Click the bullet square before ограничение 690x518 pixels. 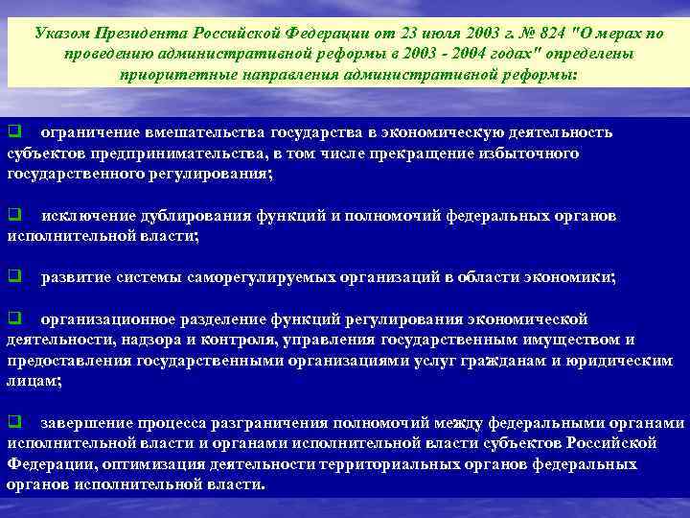14,132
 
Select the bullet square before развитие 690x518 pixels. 14,277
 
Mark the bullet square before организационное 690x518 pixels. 14,318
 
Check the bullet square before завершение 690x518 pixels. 14,422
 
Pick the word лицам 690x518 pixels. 32,381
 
